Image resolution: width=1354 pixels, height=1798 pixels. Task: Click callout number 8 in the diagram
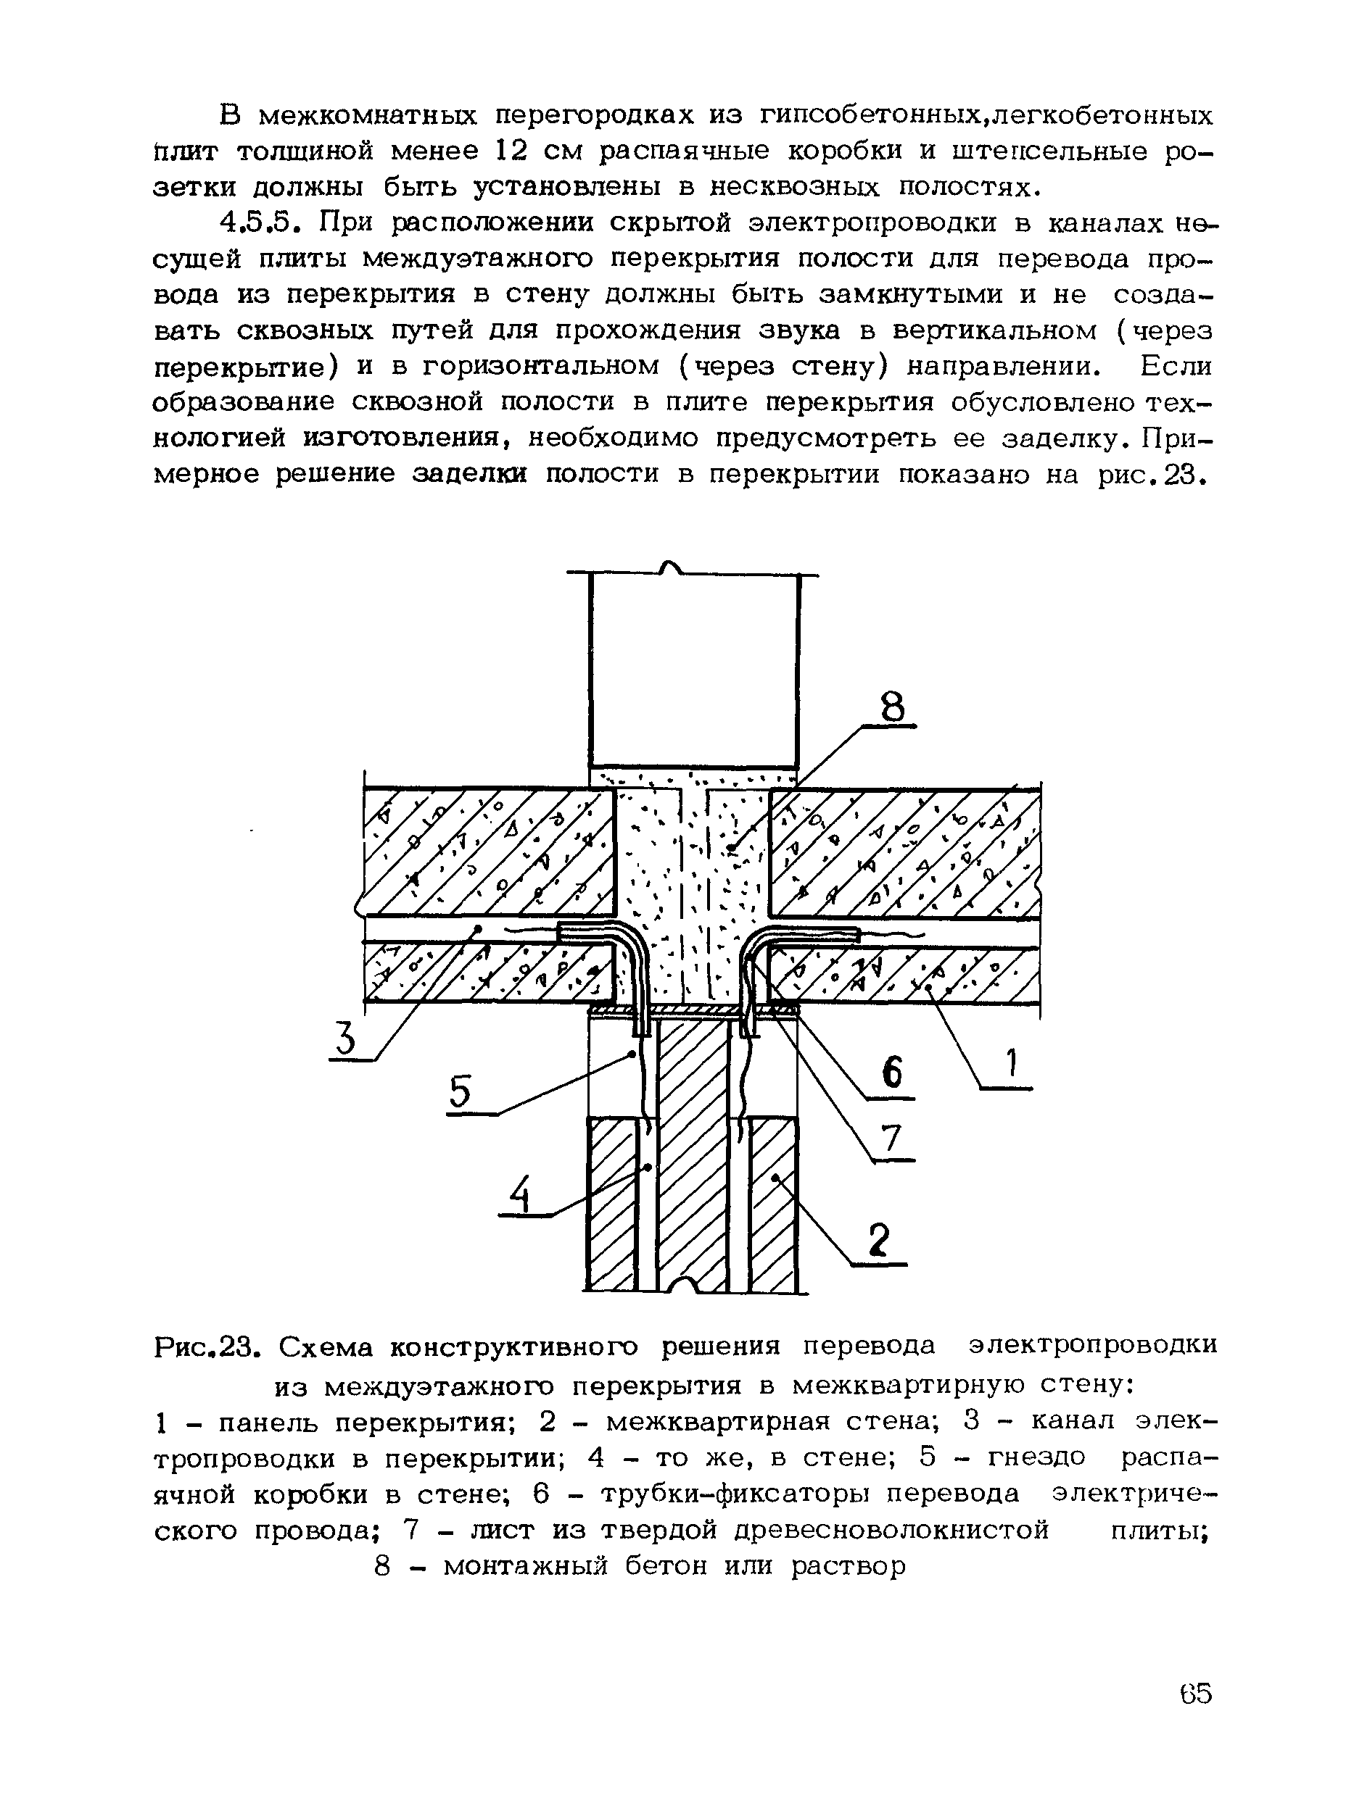892,707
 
